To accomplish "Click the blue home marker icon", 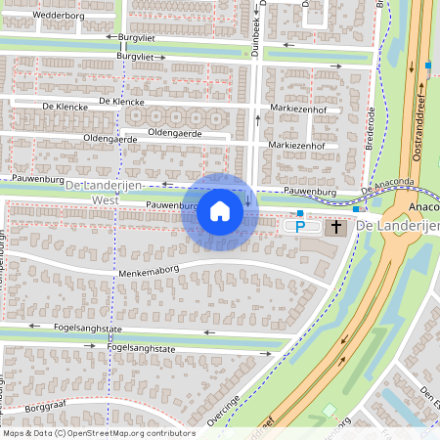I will point(220,211).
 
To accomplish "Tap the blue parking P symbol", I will point(301,227).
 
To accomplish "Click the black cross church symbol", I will point(336,227).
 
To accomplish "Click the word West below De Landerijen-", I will point(104,199).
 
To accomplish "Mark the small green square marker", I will point(329,409).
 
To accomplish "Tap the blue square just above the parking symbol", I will point(300,212).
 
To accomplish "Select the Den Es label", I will point(428,395).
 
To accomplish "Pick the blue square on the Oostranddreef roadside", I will point(428,66).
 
